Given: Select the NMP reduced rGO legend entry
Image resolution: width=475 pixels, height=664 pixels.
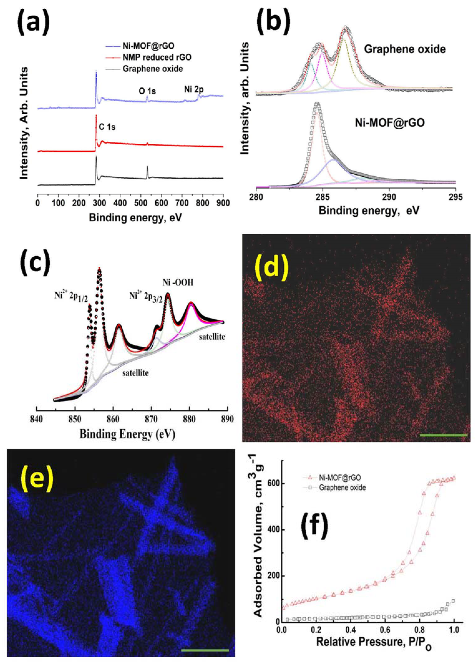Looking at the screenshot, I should pos(157,57).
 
